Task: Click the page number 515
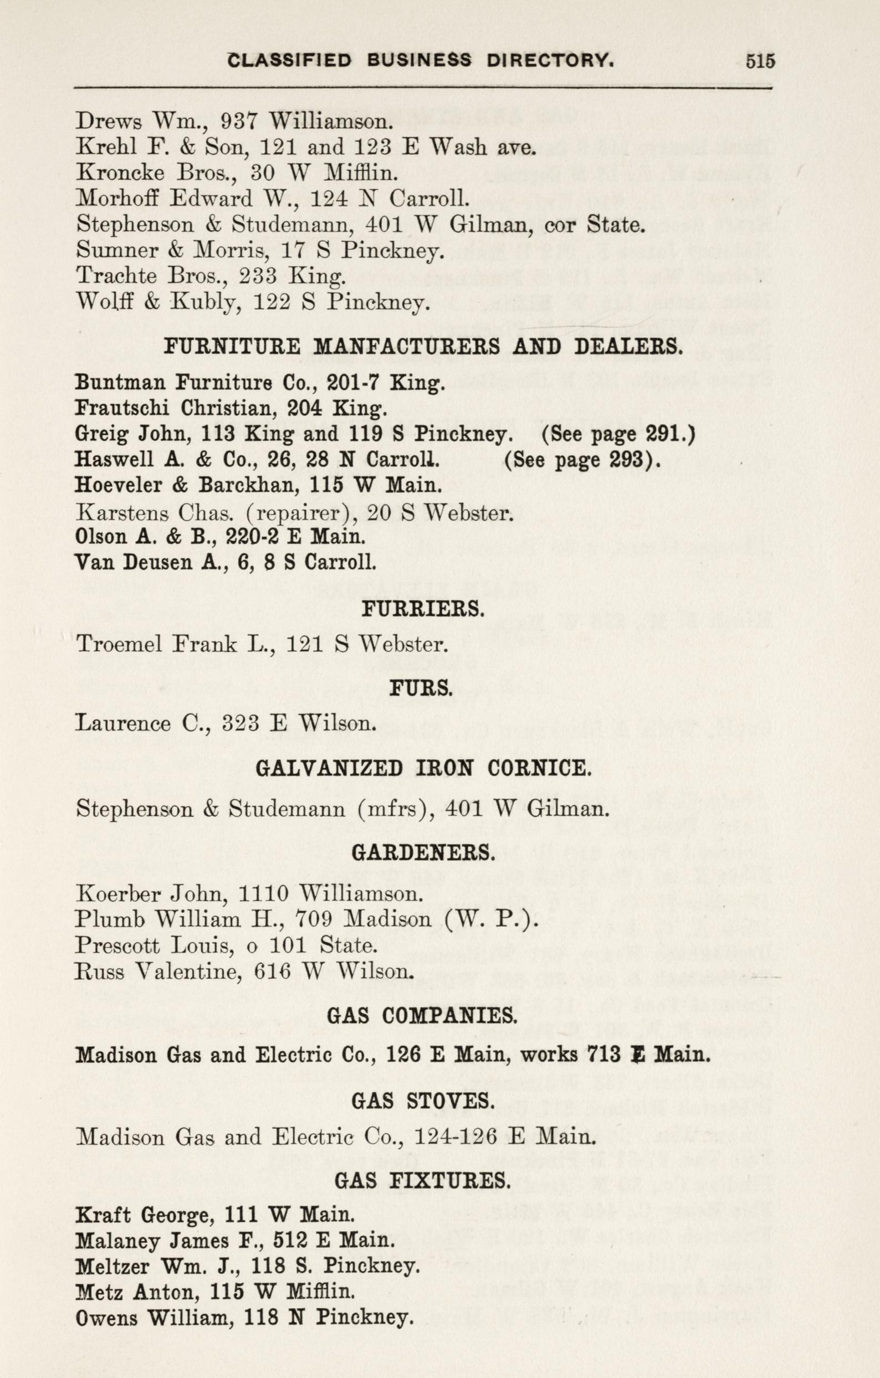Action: [x=760, y=60]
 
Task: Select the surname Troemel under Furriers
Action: [x=117, y=644]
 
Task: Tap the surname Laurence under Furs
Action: [x=123, y=724]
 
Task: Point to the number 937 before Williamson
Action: [x=241, y=121]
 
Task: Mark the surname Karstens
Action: [x=121, y=512]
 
